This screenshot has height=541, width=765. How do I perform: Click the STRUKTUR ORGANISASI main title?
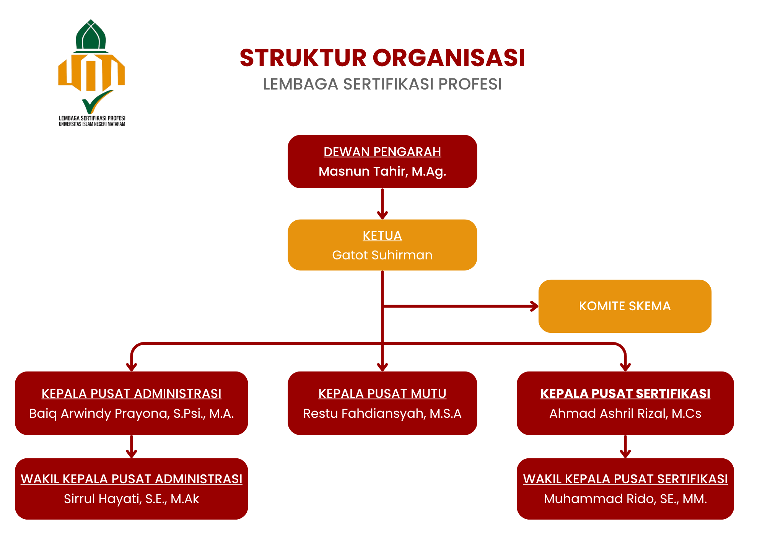[382, 58]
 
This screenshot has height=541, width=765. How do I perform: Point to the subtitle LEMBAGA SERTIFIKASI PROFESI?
[382, 84]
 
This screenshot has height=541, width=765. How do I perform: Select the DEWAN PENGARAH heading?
[382, 152]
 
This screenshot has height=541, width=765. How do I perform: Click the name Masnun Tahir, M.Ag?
[382, 171]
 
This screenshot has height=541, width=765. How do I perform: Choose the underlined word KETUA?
[382, 236]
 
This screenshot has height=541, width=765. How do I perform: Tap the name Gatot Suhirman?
[382, 255]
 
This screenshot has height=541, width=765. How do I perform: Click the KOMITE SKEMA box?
[625, 306]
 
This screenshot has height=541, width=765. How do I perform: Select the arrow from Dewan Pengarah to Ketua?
[382, 204]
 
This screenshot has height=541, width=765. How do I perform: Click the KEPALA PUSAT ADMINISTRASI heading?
[132, 394]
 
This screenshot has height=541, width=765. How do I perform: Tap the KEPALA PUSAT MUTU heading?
[382, 394]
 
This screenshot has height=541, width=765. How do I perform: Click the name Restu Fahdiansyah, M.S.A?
[382, 414]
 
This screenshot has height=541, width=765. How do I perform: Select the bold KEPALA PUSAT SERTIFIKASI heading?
[625, 394]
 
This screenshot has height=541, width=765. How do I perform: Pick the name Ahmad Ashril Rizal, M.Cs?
[625, 414]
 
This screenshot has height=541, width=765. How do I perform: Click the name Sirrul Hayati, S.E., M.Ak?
[131, 499]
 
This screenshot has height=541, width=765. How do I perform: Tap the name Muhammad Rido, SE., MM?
[625, 499]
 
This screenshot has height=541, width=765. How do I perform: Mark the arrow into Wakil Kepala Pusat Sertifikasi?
[625, 446]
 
